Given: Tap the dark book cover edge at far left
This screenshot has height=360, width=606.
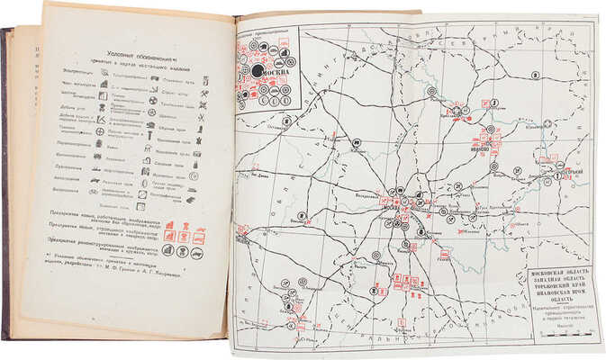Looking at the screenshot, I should tap(7, 180).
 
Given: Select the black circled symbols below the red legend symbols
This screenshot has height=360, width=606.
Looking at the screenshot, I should tap(178, 252).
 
